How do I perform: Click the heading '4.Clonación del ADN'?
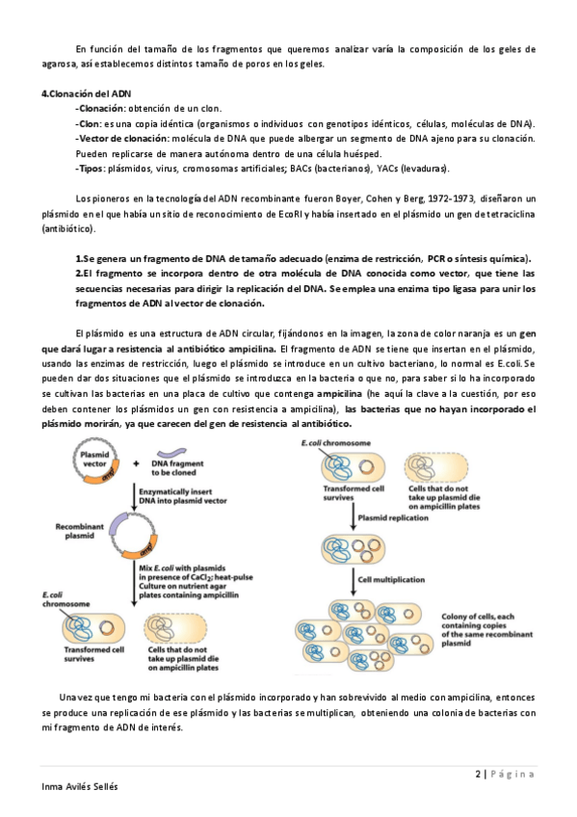tap(86, 93)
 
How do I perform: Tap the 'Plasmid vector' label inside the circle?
tap(94, 459)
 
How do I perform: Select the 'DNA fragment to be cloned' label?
tap(177, 468)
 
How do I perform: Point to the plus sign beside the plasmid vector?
tap(137, 463)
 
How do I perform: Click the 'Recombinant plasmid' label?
tap(79, 531)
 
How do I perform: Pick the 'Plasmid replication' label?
tap(393, 518)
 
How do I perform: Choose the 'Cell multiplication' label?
tap(391, 579)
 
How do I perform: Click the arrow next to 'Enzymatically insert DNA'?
tap(134, 496)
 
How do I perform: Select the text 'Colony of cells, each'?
tap(478, 617)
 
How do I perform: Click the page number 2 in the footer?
tap(478, 774)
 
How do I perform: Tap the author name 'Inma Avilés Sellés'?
tap(80, 786)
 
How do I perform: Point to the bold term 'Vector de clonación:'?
tap(124, 139)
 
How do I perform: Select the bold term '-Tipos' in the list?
tap(91, 169)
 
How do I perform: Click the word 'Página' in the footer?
tap(512, 774)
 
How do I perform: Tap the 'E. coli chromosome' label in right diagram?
tap(336, 443)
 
